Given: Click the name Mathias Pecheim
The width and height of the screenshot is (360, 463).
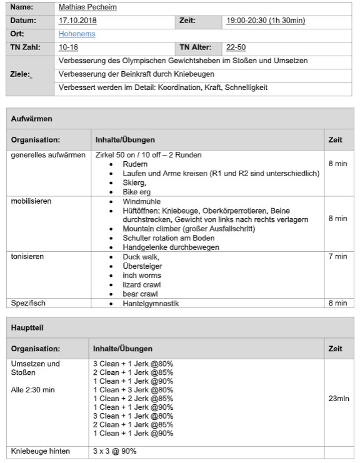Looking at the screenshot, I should pos(87,7).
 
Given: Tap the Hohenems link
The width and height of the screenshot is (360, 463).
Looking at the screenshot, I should pos(77,34).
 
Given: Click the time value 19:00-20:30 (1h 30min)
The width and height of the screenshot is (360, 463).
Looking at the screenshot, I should pos(266,21).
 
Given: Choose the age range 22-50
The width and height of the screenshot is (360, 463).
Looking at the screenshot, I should pos(236,47).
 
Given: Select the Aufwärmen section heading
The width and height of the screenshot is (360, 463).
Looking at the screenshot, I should pos(31,118).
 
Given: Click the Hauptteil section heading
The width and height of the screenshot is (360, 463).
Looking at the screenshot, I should pos(28,327).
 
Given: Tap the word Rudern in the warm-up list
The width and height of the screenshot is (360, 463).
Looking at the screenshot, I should pos(135,164).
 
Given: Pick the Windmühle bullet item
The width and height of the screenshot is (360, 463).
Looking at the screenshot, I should pos(142,202).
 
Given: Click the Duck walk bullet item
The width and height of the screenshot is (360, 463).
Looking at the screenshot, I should pos(141,257).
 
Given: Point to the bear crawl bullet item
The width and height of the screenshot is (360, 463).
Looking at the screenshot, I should pos(140,294).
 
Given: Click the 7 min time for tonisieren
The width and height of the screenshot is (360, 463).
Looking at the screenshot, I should pos(337,257).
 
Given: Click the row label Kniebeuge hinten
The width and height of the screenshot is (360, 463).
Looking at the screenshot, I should pos(41,451).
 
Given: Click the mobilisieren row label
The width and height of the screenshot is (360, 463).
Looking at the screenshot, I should pos(31,202).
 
